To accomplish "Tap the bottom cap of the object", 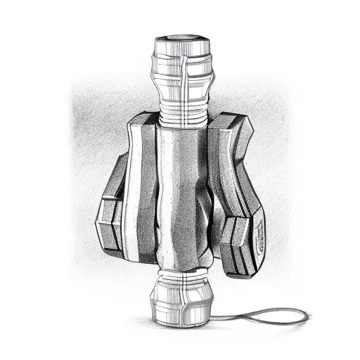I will [181, 299].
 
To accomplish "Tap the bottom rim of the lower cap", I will [181, 322].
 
